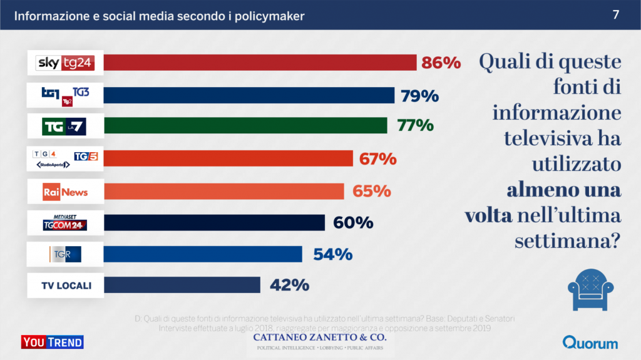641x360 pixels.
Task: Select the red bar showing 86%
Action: point(260,63)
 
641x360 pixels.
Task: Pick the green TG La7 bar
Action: point(245,126)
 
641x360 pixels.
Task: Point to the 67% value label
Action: point(377,159)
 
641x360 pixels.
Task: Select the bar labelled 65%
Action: point(223,191)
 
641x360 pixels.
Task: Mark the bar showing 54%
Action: point(203,254)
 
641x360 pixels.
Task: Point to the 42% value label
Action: point(290,285)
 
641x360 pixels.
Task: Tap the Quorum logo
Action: point(590,342)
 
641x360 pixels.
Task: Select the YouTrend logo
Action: point(53,342)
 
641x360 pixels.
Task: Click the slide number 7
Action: point(616,15)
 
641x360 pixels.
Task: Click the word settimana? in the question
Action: point(568,240)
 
